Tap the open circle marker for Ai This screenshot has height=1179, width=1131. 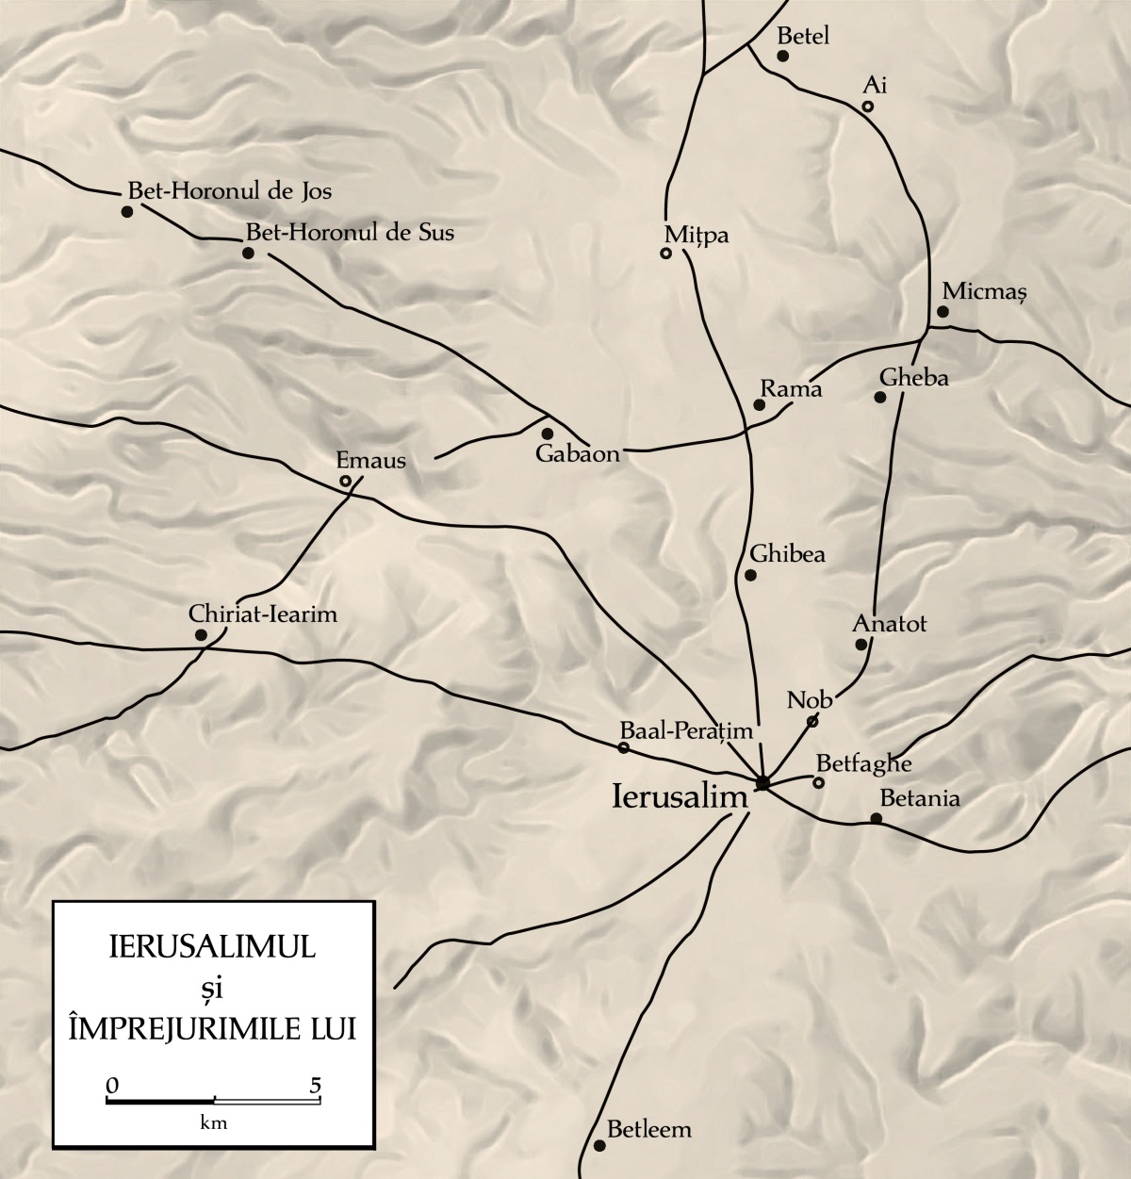(x=868, y=106)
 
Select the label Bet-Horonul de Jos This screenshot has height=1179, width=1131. (x=230, y=190)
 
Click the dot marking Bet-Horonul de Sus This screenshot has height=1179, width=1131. (x=248, y=254)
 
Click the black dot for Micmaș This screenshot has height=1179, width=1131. (x=942, y=312)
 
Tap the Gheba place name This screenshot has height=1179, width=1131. (x=913, y=378)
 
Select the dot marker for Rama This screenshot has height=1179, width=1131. (x=759, y=405)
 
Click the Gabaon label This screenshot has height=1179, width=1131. (x=578, y=453)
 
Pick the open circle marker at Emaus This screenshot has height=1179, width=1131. (x=346, y=482)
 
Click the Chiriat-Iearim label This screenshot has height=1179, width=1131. (x=263, y=614)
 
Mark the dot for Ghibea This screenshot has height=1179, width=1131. (x=751, y=575)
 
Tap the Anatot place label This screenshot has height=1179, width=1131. (x=890, y=624)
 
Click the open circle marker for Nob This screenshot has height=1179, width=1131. (x=812, y=722)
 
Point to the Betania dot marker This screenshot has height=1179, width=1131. (x=876, y=818)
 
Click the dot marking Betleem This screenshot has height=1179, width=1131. (x=599, y=1146)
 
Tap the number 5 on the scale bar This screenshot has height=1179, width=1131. (x=316, y=1084)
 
